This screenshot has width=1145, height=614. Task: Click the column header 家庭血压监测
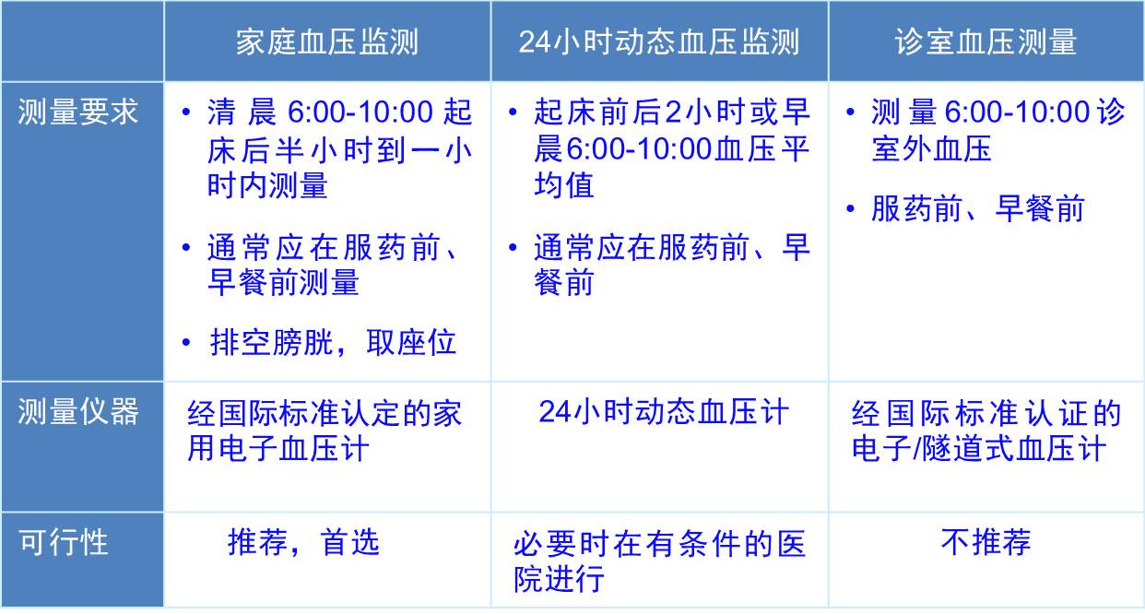point(327,41)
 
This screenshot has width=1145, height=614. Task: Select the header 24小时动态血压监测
point(659,41)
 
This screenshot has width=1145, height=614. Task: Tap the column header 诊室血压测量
point(986,41)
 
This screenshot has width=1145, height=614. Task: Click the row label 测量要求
point(78,112)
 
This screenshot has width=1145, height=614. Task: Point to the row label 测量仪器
point(78,411)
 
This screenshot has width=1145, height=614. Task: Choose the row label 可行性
point(64,542)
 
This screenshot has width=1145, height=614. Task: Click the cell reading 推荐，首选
point(303,542)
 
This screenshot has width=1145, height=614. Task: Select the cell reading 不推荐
point(986,542)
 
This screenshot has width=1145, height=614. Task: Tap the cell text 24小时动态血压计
point(664,411)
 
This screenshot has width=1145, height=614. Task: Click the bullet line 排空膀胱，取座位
point(333,342)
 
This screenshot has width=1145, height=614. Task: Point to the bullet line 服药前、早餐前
point(978,208)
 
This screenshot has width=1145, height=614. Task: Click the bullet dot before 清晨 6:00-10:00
point(186,112)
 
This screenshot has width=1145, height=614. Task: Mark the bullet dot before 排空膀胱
point(186,343)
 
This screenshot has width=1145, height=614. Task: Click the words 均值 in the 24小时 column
point(564,185)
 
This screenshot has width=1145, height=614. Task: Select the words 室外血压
point(931,148)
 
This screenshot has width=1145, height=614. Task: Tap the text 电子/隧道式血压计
point(979,449)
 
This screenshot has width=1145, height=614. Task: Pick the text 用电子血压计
point(277,449)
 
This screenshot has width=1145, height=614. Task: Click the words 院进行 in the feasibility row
point(559,579)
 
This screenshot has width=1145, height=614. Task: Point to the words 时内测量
point(267,185)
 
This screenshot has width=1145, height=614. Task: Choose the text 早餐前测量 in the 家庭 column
point(283,282)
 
